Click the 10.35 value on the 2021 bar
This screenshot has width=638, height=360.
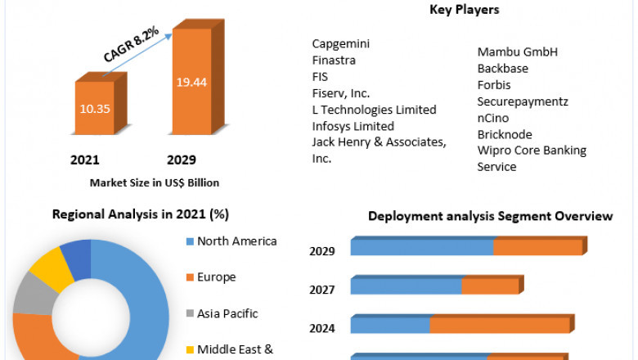[x=97, y=107]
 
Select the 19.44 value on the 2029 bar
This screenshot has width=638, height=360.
[x=192, y=82]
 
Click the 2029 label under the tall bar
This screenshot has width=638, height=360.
[x=181, y=160]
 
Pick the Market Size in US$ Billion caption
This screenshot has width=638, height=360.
[x=155, y=182]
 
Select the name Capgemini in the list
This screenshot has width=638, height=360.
[x=340, y=43]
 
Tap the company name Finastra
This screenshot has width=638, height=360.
[x=334, y=60]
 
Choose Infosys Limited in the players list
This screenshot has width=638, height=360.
[x=353, y=126]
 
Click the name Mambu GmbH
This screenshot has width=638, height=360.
[x=517, y=52]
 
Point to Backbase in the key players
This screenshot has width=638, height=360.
[x=502, y=68]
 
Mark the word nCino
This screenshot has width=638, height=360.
[x=493, y=117]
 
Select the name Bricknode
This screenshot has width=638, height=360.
[x=505, y=133]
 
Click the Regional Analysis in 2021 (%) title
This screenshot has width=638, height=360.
[x=140, y=214]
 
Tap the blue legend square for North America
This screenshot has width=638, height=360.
[x=190, y=241]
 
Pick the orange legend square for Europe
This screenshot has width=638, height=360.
[x=190, y=277]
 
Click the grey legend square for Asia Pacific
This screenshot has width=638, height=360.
[x=190, y=313]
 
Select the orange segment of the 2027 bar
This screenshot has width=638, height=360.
[x=490, y=286]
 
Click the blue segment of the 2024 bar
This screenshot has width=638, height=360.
[x=390, y=325]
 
